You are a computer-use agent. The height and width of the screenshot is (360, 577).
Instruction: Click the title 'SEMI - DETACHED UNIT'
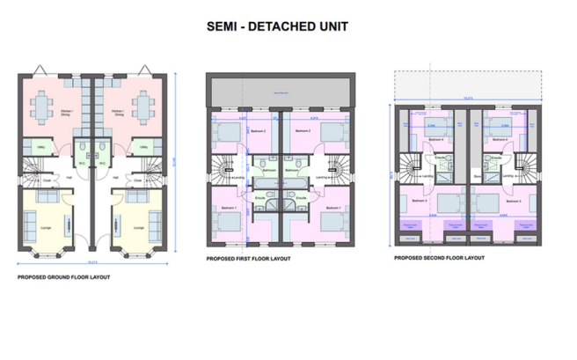click(x=277, y=26)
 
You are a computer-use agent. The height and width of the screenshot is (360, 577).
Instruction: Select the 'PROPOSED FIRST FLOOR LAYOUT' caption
click(x=248, y=260)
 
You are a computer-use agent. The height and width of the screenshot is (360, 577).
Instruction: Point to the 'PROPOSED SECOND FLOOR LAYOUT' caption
click(x=439, y=258)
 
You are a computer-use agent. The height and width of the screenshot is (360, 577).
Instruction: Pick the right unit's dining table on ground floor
click(x=143, y=109)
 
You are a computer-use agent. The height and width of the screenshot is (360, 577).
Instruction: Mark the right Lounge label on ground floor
click(x=133, y=226)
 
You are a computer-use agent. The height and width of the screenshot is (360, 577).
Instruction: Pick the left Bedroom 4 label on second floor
click(x=436, y=139)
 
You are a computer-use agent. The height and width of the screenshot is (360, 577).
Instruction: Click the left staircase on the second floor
click(x=410, y=165)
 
